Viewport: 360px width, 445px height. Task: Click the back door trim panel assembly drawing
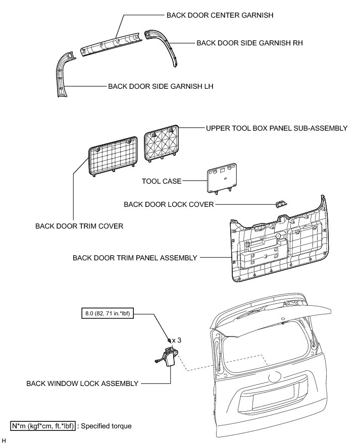tap(275, 247)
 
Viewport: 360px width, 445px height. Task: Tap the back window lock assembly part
tap(166, 360)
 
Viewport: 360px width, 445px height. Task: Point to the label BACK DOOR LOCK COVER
tap(169, 204)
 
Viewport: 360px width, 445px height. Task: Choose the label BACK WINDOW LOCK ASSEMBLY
tap(82, 383)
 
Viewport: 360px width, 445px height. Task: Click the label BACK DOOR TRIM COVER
tap(79, 226)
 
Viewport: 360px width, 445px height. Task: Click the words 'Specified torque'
tap(107, 426)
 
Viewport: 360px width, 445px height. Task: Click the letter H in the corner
tap(5, 440)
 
